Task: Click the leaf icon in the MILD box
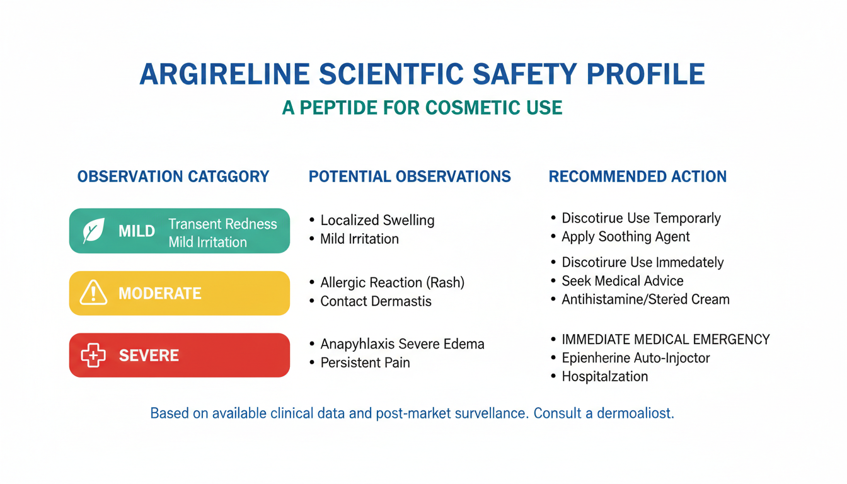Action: [93, 230]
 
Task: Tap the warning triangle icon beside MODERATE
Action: [93, 292]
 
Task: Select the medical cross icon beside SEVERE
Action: [93, 355]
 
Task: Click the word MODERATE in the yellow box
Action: [160, 294]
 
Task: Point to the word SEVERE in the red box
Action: [149, 355]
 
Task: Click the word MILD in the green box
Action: [137, 231]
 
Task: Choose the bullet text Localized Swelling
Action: [377, 220]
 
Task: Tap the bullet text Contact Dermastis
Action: [376, 301]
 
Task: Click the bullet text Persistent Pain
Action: [366, 362]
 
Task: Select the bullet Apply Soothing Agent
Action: [626, 237]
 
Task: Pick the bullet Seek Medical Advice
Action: [623, 281]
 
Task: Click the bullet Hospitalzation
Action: [605, 377]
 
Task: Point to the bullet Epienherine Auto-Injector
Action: [636, 358]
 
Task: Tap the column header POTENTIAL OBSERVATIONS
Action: [410, 176]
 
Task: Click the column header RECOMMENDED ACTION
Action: [638, 176]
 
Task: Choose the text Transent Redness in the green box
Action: [222, 224]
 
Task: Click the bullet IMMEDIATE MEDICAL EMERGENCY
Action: [666, 340]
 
